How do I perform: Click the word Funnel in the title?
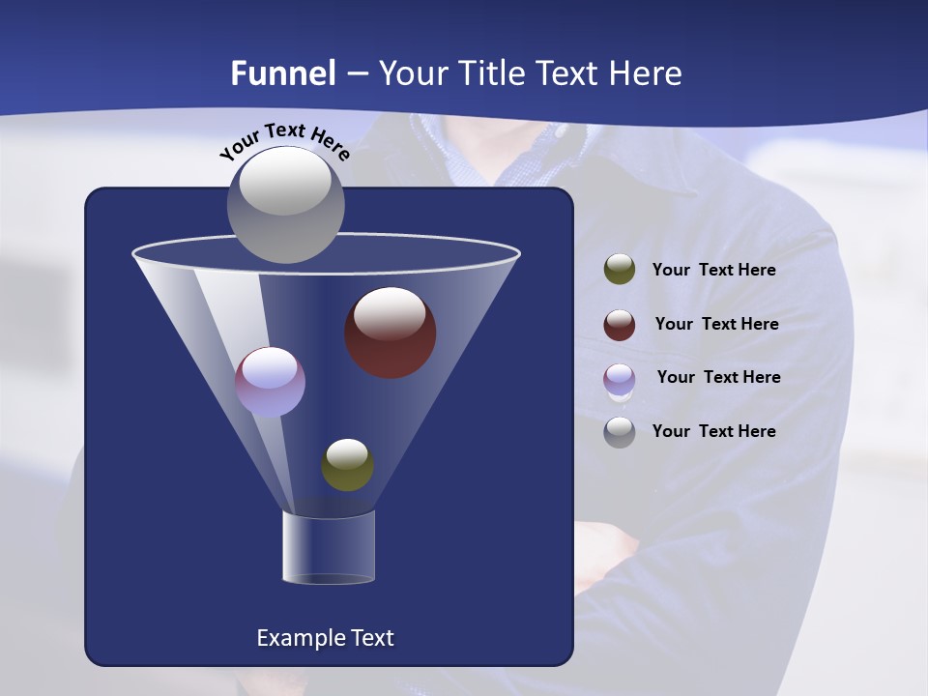[282, 73]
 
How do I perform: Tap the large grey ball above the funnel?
[285, 204]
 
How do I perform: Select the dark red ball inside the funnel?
[391, 333]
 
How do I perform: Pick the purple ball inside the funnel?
[270, 382]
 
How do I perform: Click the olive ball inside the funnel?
[347, 465]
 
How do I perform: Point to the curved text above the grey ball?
[285, 141]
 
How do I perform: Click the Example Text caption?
[325, 638]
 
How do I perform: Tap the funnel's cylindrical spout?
[329, 547]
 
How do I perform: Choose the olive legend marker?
[620, 270]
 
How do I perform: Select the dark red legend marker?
[620, 325]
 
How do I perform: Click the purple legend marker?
[620, 379]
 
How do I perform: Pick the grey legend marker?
[620, 432]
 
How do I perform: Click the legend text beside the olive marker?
[713, 271]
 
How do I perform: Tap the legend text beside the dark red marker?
[716, 324]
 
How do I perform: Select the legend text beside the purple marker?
[718, 377]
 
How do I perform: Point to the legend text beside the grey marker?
[713, 431]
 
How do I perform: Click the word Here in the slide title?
[648, 73]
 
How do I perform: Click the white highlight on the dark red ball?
[390, 313]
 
